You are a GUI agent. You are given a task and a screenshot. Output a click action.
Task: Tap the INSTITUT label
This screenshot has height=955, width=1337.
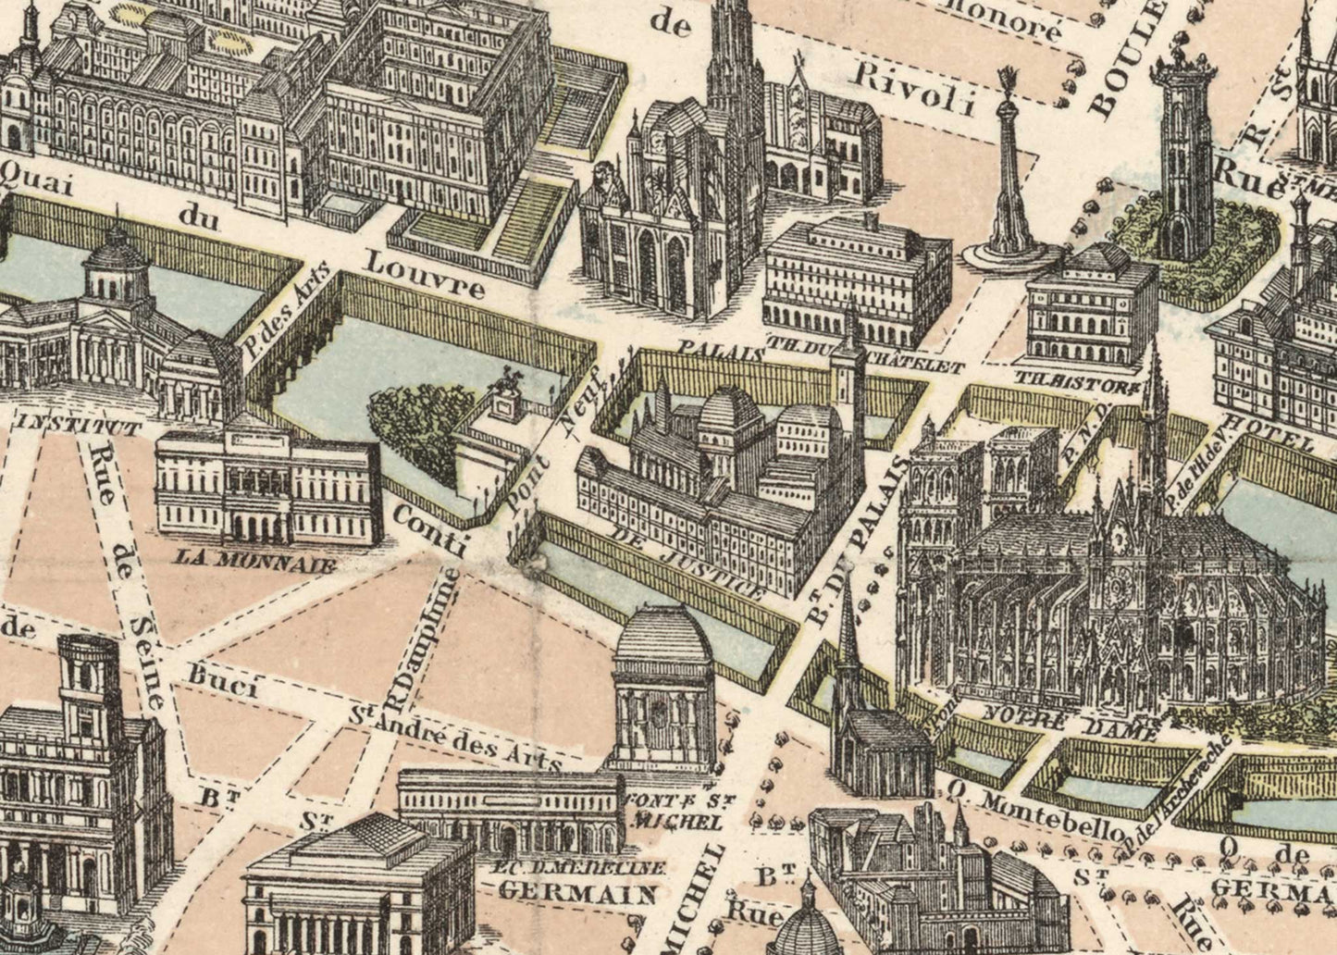80,427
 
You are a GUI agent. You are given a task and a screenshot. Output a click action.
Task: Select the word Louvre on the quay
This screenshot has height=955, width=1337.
426,275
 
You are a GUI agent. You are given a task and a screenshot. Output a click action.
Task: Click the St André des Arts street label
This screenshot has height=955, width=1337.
453,738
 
